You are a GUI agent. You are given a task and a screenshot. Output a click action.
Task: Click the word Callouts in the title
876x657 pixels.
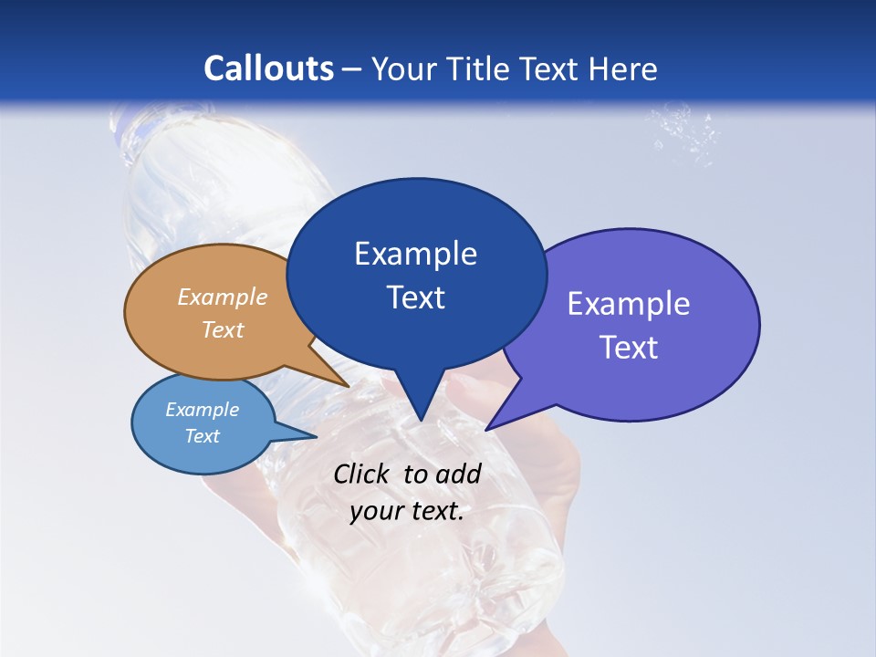coord(268,68)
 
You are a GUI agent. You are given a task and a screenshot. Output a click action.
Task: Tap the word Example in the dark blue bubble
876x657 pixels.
coord(415,254)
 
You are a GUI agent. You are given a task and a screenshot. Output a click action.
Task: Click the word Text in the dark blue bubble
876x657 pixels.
coord(415,297)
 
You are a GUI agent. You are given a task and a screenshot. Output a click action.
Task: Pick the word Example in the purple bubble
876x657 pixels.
coord(629,304)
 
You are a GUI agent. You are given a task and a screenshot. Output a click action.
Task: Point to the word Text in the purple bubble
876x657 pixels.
coord(629,348)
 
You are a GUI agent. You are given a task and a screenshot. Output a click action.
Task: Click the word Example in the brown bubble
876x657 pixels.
coord(223,297)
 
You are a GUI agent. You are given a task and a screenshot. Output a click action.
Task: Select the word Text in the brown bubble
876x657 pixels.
coord(223,329)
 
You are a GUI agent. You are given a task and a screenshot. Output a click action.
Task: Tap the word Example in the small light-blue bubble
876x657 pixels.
coord(203,410)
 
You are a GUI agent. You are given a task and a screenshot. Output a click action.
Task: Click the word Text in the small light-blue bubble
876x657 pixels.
coord(203,436)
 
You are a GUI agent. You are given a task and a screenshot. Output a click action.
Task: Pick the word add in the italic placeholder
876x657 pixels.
coord(458,474)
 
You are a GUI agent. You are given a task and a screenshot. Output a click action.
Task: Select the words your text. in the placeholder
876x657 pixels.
coord(407,511)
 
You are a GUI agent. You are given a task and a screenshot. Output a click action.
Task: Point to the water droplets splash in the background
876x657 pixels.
coord(684,132)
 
